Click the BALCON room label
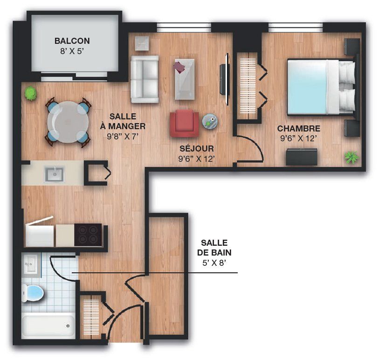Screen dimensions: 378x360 coord(72,41)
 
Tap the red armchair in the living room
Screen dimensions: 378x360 coord(185,124)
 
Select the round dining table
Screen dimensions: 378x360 coord(68,122)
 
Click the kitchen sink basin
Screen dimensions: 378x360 coord(54,174)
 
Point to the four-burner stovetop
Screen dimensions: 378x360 coord(88,235)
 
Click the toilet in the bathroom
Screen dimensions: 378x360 coord(33,293)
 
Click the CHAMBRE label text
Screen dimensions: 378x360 coord(299,129)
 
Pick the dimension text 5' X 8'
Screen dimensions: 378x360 coord(214,263)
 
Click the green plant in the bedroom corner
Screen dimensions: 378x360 coord(352,158)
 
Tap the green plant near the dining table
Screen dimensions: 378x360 coord(31,94)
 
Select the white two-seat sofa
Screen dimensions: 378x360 coord(144,79)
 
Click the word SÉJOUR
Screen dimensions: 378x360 coord(197,149)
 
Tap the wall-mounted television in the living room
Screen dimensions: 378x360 coord(224,79)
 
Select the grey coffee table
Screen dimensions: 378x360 coord(185,79)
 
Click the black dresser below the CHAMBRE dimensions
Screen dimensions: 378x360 coord(302,157)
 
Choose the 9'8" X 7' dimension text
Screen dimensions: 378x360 coord(123,137)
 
